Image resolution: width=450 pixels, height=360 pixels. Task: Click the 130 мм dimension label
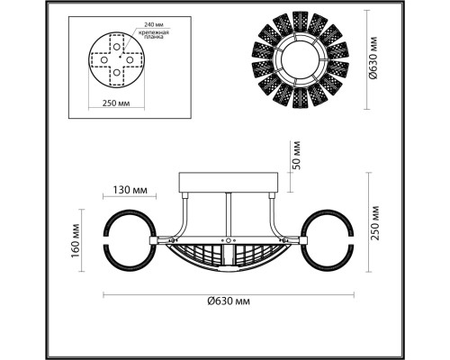coord(130,190)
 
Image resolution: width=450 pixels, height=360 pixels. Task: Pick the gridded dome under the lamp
coord(229,256)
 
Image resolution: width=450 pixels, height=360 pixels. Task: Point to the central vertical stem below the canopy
coord(229,216)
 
